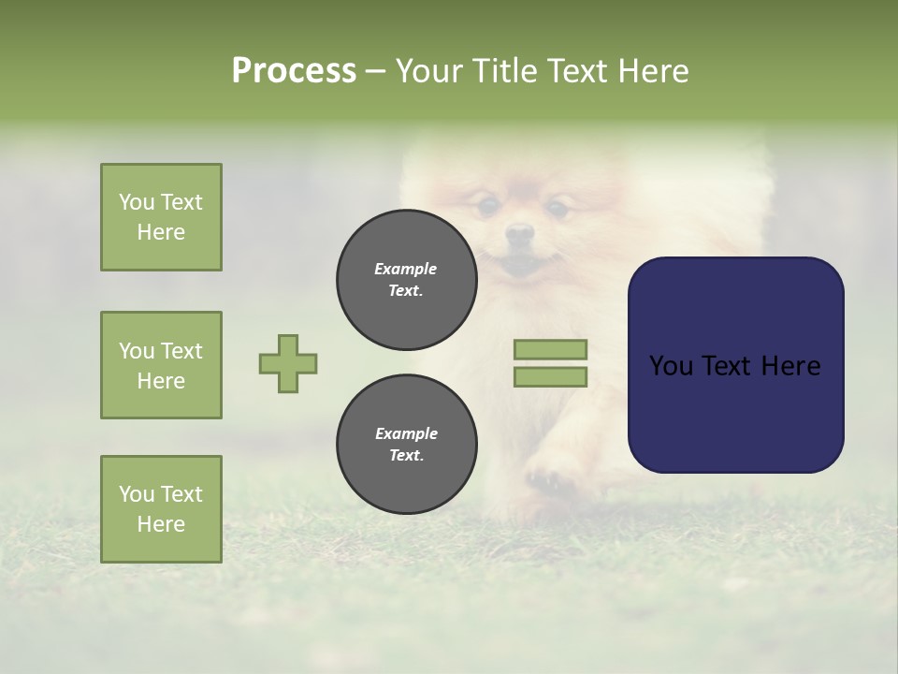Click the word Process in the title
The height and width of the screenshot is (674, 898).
(294, 71)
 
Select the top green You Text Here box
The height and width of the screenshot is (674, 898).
(161, 217)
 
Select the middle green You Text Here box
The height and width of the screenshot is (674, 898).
(161, 365)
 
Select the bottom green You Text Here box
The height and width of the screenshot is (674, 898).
(161, 508)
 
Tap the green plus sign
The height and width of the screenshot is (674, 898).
(288, 363)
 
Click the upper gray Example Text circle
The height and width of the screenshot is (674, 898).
(406, 280)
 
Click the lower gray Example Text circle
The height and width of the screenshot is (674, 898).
(406, 445)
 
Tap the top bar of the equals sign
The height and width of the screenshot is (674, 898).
(550, 349)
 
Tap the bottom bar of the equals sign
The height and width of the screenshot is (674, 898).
(550, 377)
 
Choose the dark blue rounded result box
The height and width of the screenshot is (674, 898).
(735, 365)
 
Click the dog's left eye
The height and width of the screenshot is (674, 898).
(486, 205)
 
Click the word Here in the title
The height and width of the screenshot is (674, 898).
(650, 71)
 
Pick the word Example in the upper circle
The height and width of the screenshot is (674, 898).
(406, 269)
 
